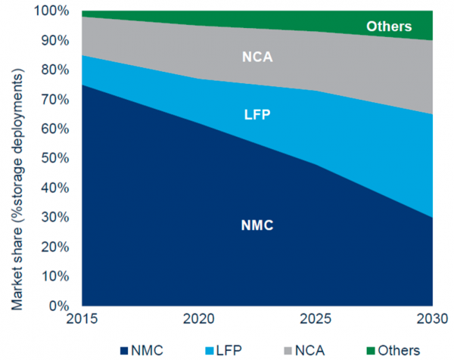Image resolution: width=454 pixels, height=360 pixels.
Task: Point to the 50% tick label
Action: (54, 159)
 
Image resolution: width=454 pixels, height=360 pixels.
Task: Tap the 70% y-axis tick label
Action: (54, 99)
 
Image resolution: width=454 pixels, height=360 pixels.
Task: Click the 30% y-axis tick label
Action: (54, 218)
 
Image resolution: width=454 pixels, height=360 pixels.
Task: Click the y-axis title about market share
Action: (17, 159)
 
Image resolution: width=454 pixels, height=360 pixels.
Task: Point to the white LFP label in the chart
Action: (257, 114)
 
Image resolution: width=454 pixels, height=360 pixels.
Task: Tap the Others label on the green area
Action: (389, 27)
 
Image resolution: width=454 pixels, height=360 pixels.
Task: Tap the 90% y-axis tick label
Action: (54, 40)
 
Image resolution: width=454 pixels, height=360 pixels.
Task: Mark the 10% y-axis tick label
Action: (54, 277)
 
